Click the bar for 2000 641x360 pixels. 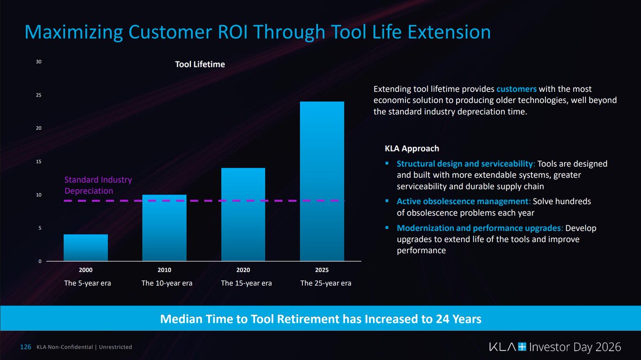(x=85, y=247)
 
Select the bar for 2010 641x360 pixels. (x=165, y=228)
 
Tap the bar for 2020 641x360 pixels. (x=243, y=214)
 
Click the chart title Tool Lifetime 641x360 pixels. (x=200, y=64)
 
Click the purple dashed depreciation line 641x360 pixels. (x=203, y=201)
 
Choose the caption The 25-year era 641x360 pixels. (x=326, y=283)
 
